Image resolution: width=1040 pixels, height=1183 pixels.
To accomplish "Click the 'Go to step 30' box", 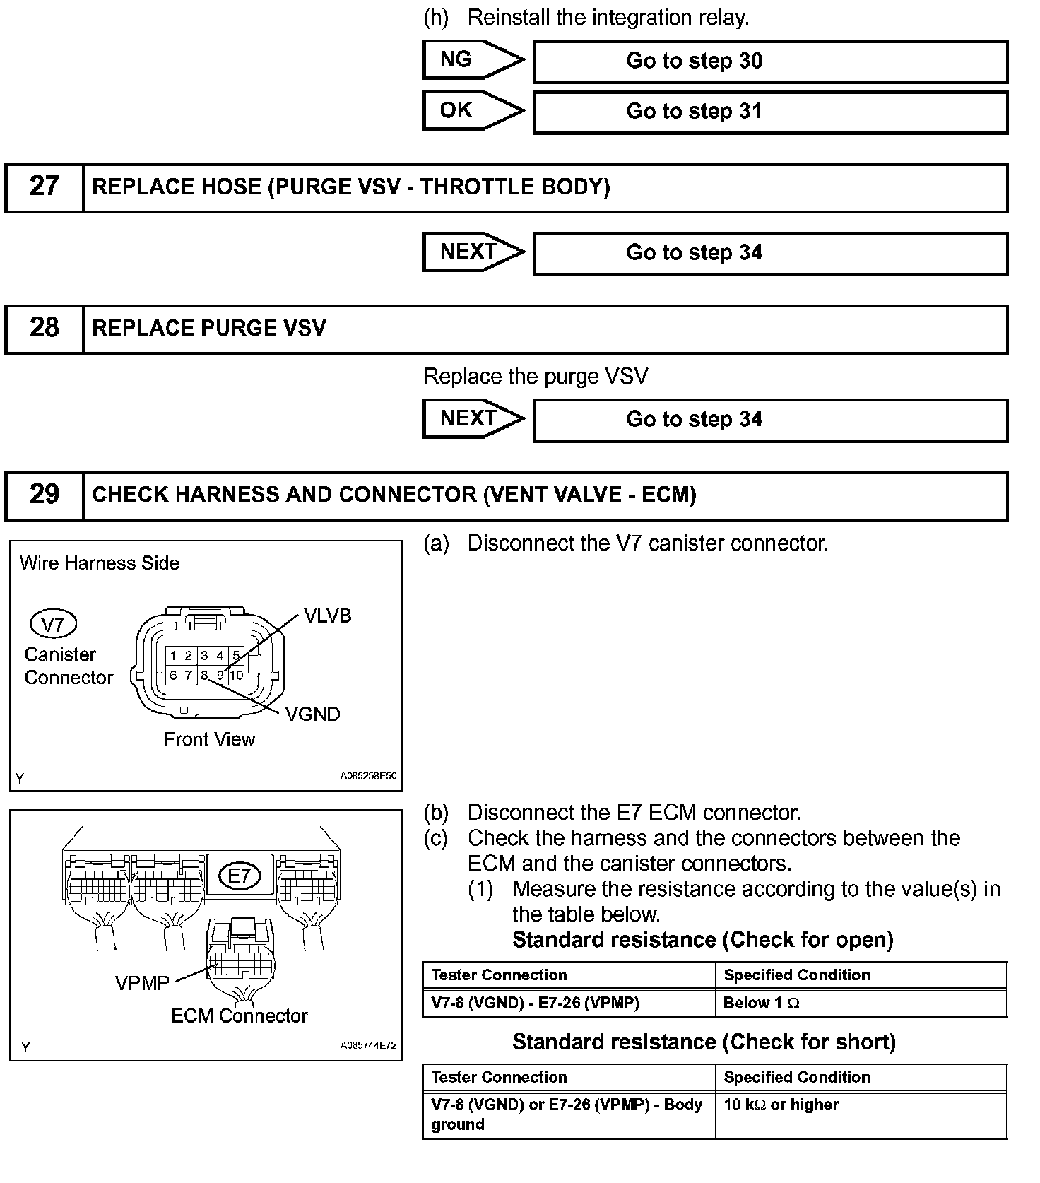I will point(769,61).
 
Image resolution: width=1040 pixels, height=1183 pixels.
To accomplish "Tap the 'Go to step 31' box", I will point(769,112).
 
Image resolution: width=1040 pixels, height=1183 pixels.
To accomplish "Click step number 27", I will point(44,187).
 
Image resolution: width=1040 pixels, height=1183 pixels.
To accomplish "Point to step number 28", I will point(44,328).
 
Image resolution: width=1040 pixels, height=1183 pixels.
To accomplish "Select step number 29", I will point(44,495).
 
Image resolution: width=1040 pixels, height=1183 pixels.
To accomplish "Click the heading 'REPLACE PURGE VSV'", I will point(209,329).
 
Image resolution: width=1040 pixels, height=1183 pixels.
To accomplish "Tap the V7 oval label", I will point(53,624).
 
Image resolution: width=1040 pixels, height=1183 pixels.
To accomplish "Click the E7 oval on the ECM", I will point(240,876).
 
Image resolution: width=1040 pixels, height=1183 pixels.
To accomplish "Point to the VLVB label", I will point(327,616).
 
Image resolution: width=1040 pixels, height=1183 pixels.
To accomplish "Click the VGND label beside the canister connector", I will point(312,714).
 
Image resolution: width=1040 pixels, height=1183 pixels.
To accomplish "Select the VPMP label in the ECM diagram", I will point(142,983).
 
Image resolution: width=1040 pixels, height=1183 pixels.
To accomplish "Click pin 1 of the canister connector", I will point(173,656).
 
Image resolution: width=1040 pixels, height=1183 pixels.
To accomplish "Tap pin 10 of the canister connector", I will point(236,676).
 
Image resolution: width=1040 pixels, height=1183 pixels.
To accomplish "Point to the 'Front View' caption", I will point(209,739).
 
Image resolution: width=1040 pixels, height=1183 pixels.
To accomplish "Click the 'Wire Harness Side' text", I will point(100,563).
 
